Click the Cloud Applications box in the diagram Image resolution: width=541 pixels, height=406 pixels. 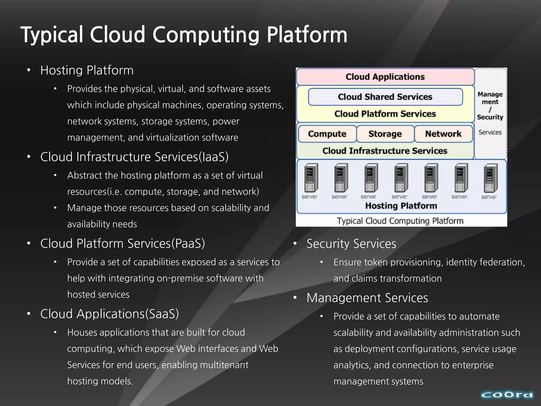(x=385, y=77)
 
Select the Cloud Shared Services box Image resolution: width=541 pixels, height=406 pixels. (x=385, y=97)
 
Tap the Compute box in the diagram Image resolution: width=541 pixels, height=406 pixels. (x=327, y=134)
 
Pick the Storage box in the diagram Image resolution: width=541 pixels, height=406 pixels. (x=385, y=134)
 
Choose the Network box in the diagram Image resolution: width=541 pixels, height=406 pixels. (x=443, y=134)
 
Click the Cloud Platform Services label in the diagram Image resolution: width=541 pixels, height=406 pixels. (x=385, y=114)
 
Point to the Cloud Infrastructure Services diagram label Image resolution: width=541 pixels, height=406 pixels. (x=385, y=151)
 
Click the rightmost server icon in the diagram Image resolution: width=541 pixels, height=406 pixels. (x=490, y=178)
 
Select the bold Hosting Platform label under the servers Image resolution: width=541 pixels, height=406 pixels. (x=401, y=206)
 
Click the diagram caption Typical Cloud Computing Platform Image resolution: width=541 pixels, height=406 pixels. (x=400, y=221)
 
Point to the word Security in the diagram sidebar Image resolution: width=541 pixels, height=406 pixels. (x=490, y=117)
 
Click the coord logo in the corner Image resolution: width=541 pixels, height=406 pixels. (x=507, y=395)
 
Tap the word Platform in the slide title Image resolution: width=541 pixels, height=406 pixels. (x=307, y=35)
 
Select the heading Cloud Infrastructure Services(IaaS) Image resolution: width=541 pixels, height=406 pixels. (x=134, y=157)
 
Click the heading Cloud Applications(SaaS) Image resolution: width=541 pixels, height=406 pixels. (x=109, y=314)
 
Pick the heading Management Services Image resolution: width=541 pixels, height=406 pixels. (x=367, y=298)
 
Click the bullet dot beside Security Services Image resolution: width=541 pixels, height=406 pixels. (x=295, y=243)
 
